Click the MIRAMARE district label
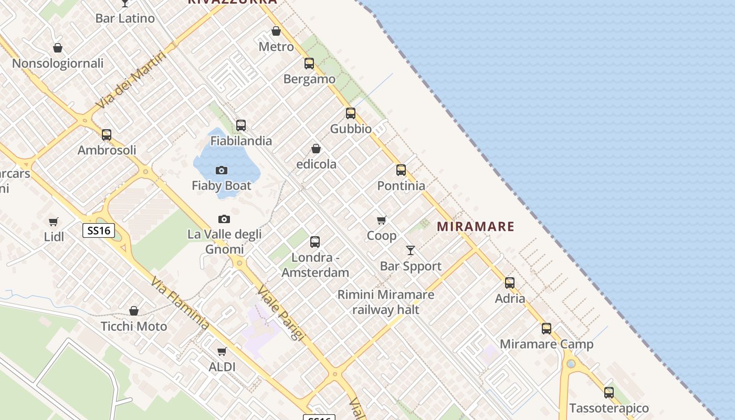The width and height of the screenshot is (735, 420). (476, 226)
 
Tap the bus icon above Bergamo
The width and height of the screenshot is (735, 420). (309, 64)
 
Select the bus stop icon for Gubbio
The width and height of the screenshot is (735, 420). (351, 113)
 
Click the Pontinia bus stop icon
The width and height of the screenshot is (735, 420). (401, 170)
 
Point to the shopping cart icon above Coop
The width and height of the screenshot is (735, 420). (382, 220)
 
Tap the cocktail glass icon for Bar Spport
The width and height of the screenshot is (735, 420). (411, 250)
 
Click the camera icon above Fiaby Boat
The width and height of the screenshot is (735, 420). (222, 170)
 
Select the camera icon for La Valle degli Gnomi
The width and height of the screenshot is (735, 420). (224, 219)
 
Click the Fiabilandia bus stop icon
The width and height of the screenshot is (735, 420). (241, 125)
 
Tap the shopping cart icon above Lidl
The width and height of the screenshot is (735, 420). (54, 222)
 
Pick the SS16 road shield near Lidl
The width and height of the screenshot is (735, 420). (99, 230)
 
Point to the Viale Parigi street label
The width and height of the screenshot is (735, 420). (280, 313)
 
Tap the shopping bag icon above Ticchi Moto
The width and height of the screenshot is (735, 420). (134, 311)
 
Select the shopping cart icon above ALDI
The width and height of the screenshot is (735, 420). (222, 351)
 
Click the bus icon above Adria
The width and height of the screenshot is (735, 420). (510, 283)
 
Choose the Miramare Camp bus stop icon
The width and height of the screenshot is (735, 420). (547, 329)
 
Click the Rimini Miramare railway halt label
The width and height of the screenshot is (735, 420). (386, 302)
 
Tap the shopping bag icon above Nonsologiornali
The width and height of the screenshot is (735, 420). (58, 48)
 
